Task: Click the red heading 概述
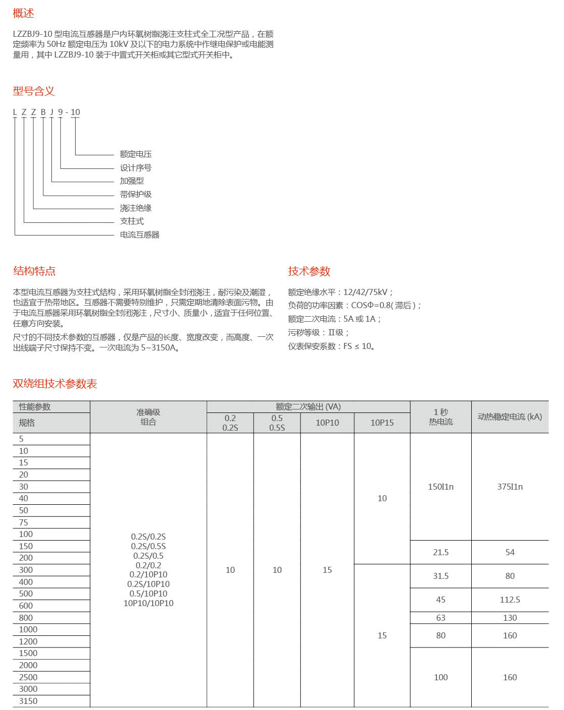coord(23,14)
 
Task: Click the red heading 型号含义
coord(34,91)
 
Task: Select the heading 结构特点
coord(34,271)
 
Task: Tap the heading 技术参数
coord(309,271)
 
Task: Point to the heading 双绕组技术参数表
coord(55,384)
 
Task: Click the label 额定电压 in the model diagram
coord(136,154)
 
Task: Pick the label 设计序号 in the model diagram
coord(136,168)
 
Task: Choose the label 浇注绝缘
coord(136,208)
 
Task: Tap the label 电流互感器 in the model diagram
coord(140,235)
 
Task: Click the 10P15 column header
coord(382,423)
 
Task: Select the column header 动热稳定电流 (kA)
coord(510,417)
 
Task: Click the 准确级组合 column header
coord(148,417)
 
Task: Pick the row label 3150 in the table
coord(28,701)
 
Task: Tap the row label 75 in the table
coord(24,522)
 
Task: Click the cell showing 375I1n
coord(510,487)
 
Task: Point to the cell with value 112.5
coord(510,600)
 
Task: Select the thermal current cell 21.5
coord(441,552)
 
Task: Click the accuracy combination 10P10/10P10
coord(148,603)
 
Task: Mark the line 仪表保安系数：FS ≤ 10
coord(331,346)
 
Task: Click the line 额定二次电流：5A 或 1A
coord(335,319)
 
